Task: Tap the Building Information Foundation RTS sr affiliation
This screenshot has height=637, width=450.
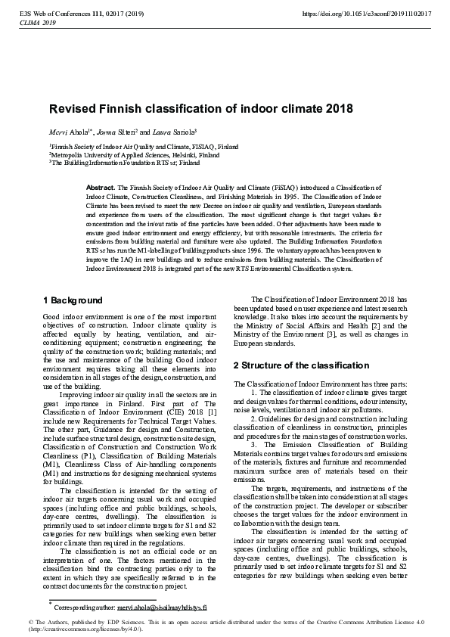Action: tap(101, 162)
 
